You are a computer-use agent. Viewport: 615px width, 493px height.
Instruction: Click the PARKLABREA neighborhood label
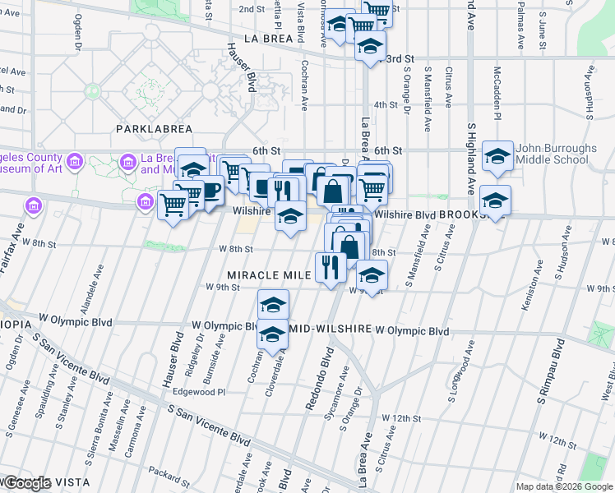[154, 129]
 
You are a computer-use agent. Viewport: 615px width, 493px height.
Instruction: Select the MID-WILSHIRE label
[329, 329]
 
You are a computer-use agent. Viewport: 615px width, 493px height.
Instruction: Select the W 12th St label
[407, 418]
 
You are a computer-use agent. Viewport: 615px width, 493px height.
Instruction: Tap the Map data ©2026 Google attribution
[564, 486]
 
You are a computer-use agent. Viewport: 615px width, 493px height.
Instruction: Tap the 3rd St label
[400, 59]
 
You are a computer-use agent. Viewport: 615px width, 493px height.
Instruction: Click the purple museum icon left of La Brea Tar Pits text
[127, 162]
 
